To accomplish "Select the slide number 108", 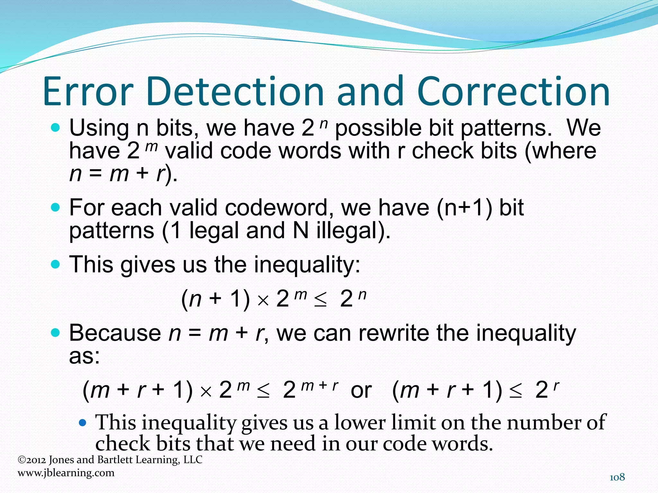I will click(617, 477).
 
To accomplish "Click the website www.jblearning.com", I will click(66, 473).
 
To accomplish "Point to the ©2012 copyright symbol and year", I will click(32, 460).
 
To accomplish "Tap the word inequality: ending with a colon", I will click(307, 265).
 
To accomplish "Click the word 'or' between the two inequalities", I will click(361, 390).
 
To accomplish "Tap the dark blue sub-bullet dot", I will click(83, 423).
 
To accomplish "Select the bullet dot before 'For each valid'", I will click(55, 208).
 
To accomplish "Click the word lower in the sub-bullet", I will click(360, 422).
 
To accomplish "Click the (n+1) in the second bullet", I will click(464, 208).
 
